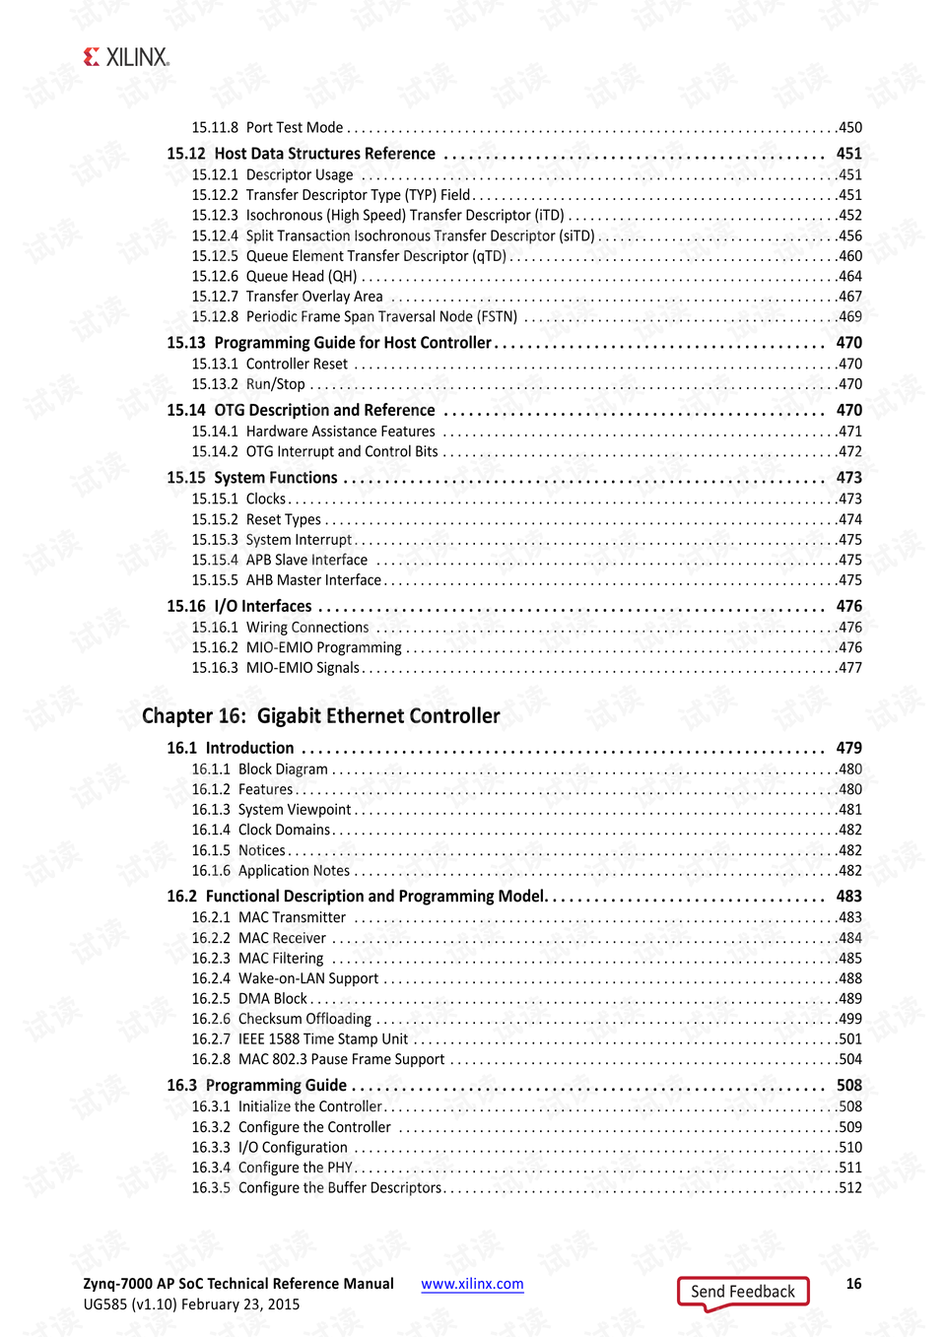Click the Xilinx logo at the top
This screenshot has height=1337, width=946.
127,57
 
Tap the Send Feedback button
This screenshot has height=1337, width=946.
742,1292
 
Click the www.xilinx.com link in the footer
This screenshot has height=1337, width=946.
472,1284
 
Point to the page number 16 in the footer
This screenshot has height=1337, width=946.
853,1284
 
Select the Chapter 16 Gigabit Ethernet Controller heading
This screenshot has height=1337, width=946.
321,716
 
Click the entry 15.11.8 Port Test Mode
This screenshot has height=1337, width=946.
267,127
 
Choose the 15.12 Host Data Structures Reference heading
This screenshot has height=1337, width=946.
301,154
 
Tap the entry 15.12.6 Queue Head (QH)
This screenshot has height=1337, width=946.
274,276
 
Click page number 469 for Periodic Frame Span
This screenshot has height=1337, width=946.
849,316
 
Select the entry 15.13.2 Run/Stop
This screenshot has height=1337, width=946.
248,384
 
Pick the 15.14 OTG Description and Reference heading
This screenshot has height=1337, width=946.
301,410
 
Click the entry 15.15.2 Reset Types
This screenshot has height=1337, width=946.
256,519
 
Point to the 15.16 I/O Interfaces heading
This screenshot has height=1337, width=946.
239,606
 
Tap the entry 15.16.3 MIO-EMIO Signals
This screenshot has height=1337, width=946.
276,668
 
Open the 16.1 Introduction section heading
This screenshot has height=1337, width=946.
231,748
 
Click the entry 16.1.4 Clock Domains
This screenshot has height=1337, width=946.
261,830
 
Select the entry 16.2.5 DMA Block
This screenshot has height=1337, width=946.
249,999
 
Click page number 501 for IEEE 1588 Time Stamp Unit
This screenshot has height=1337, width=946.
849,1039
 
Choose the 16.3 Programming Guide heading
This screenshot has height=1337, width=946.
256,1085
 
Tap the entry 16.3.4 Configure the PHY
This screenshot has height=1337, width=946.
272,1168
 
